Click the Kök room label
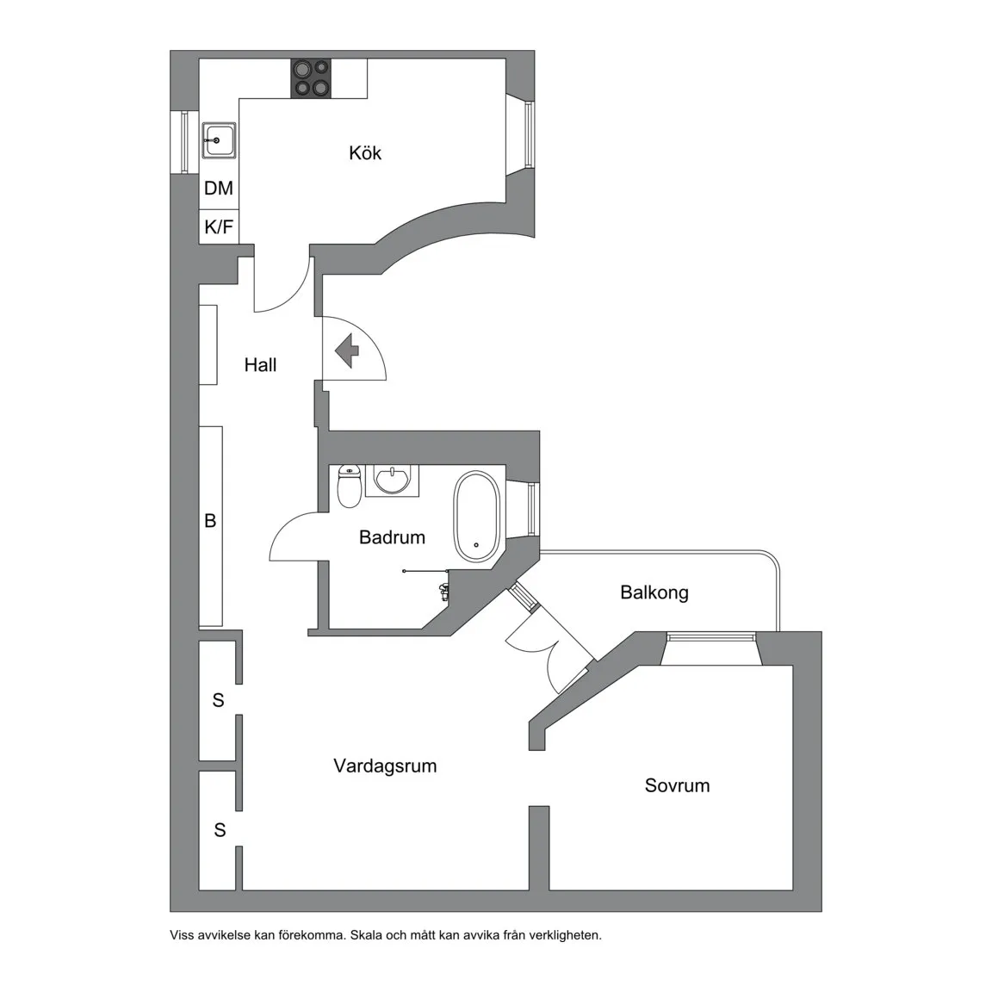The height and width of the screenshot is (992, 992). click(x=365, y=152)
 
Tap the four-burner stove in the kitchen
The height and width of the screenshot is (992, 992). click(x=311, y=78)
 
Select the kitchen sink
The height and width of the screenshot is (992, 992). click(x=219, y=140)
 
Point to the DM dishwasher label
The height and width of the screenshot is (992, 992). click(x=219, y=188)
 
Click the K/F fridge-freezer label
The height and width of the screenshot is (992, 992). click(x=219, y=226)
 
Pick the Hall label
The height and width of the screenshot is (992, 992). click(x=261, y=364)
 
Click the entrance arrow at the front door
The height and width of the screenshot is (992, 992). click(x=347, y=351)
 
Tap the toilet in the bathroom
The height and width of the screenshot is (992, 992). click(x=350, y=486)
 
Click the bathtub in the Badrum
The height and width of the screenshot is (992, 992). click(x=476, y=516)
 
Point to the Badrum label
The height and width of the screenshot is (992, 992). click(x=393, y=537)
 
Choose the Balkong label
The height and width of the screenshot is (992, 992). click(x=654, y=592)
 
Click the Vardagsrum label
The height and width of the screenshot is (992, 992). click(x=385, y=766)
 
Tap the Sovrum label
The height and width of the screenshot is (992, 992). click(x=677, y=785)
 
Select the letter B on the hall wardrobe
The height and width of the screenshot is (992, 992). click(x=211, y=520)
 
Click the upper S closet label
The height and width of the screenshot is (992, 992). click(x=218, y=700)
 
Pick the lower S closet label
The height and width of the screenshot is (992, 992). click(x=220, y=829)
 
